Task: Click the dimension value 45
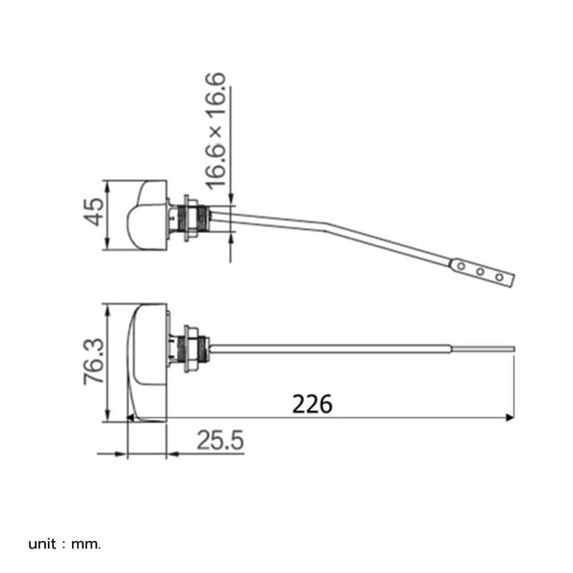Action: click(93, 212)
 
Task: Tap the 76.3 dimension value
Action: click(94, 362)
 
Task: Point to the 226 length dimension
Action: click(312, 404)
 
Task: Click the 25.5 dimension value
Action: click(220, 440)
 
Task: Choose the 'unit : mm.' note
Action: click(64, 544)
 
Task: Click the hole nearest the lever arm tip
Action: click(499, 277)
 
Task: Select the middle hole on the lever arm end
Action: click(480, 272)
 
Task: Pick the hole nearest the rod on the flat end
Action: click(461, 266)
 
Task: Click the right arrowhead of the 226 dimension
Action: click(510, 417)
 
